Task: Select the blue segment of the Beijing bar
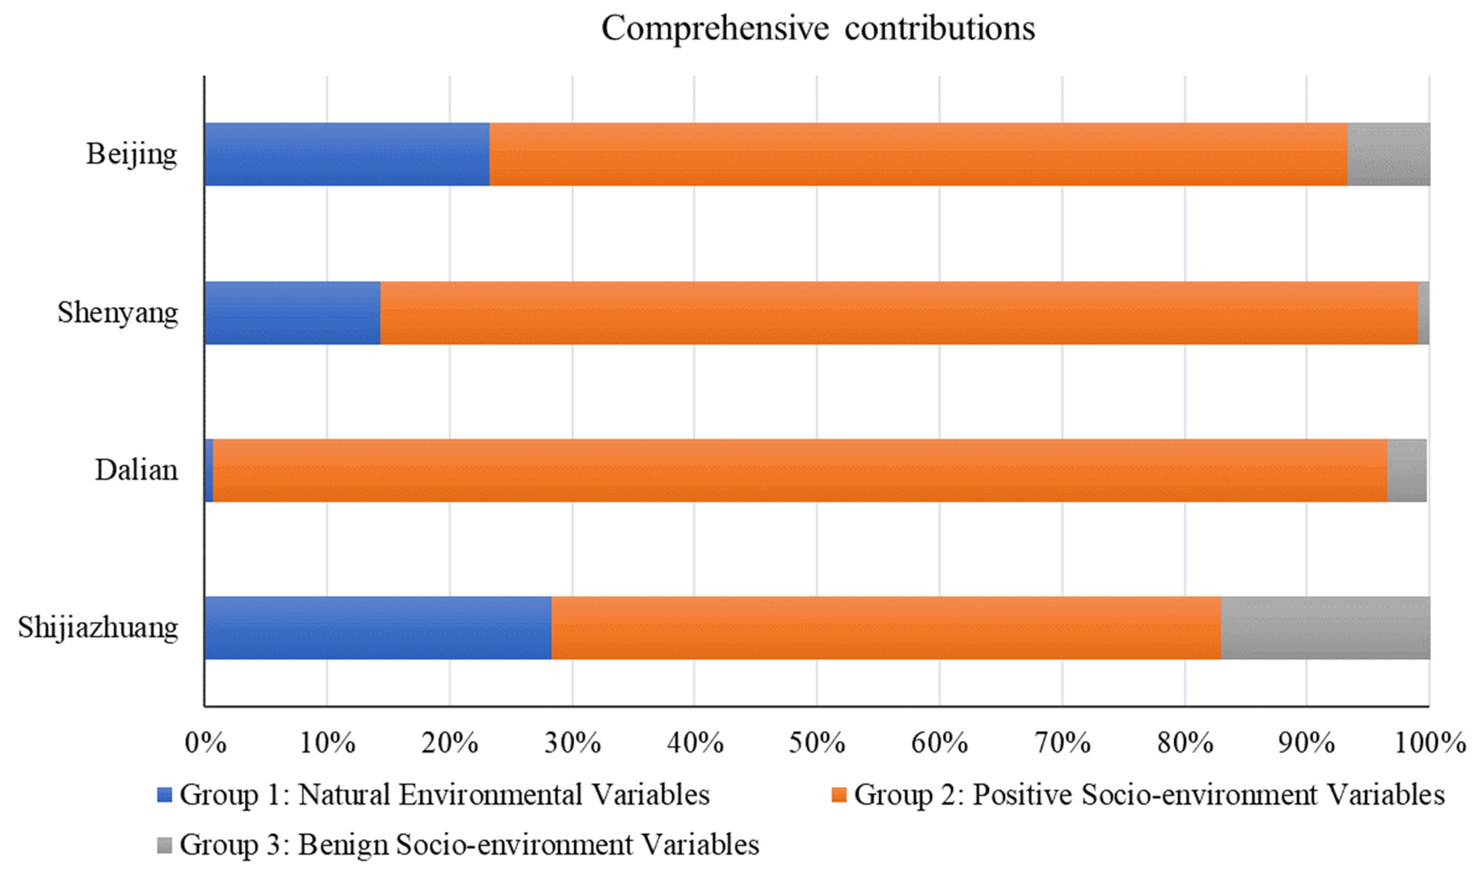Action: (x=347, y=154)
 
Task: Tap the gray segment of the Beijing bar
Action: (x=1388, y=154)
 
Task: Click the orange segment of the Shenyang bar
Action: (x=899, y=313)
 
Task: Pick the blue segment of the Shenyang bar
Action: (x=292, y=313)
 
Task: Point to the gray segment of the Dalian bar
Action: (x=1407, y=470)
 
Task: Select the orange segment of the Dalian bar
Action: (x=800, y=470)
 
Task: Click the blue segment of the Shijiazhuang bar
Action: (x=378, y=628)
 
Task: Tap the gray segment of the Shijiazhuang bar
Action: (x=1325, y=628)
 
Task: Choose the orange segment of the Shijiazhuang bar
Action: (x=886, y=628)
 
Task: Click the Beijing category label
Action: (x=132, y=155)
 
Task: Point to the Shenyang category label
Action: (x=118, y=313)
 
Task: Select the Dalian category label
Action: (x=136, y=470)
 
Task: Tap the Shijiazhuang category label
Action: (x=98, y=628)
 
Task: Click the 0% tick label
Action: (x=205, y=743)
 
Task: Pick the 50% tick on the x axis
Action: (x=817, y=743)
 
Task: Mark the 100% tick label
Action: (x=1430, y=743)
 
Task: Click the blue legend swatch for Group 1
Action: (x=165, y=795)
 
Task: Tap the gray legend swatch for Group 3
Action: (x=165, y=846)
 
